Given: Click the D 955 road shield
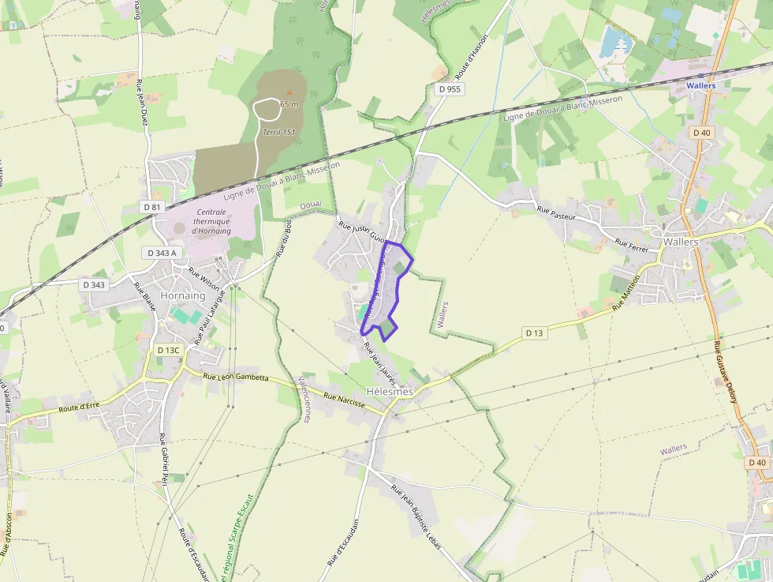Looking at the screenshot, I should tap(449, 89).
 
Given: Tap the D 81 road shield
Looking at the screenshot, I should tap(152, 206).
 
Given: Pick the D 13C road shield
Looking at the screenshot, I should tap(169, 350).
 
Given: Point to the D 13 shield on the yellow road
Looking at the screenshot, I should tap(535, 333).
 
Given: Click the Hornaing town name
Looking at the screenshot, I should tap(182, 295).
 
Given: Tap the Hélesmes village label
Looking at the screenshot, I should tap(390, 392).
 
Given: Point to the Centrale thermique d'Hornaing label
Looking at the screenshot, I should tap(211, 222).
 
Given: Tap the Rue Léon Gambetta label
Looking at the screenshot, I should tap(236, 377).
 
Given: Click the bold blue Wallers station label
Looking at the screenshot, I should tap(701, 85).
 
